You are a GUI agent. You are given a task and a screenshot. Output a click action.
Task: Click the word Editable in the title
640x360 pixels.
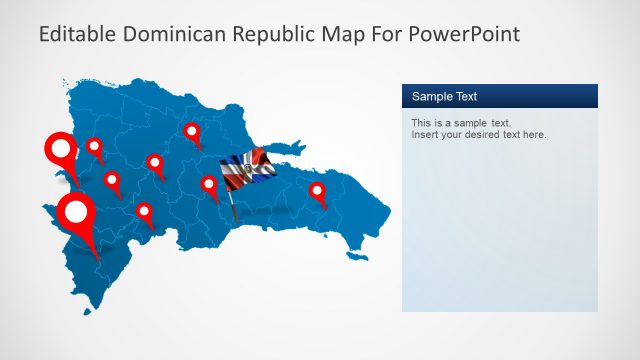point(78,35)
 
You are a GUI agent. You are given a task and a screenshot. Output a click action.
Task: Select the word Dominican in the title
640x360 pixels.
point(174,35)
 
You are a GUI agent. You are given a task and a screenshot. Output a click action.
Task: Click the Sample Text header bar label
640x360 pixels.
point(444,97)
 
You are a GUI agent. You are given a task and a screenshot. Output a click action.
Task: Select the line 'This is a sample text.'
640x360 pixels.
point(461,123)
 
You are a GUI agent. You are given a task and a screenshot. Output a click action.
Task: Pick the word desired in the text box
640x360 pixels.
point(485,135)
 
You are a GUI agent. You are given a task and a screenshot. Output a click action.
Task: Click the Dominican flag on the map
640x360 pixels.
point(245,170)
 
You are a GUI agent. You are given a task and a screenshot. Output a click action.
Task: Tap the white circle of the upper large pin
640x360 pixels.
point(62,150)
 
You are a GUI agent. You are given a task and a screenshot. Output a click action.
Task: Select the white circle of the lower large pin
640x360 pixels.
point(76,211)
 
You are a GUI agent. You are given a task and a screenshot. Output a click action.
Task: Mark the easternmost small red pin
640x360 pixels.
point(317,190)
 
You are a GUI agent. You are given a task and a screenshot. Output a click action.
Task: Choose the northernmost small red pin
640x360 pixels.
point(192,131)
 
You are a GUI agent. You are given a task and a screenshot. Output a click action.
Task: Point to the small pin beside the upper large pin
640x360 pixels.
point(94,147)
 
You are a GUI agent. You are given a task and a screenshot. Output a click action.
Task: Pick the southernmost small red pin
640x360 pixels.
point(144,212)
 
